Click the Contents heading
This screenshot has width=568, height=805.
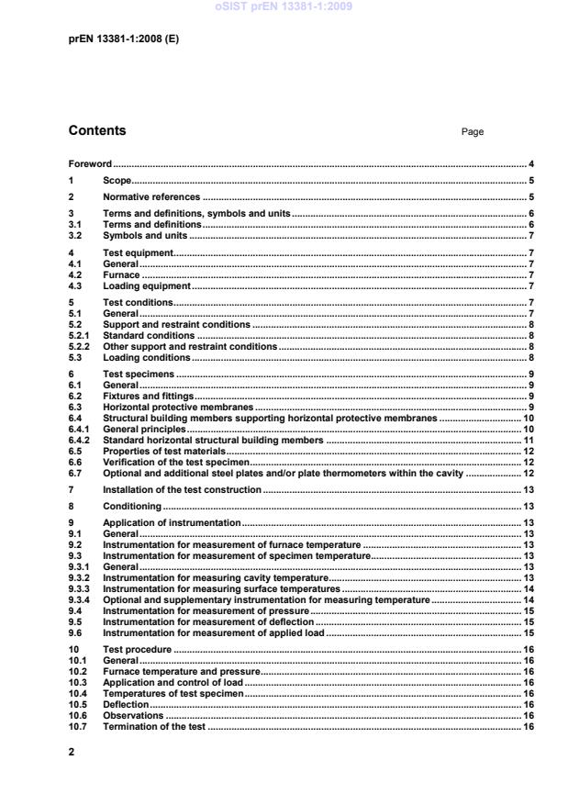click(97, 131)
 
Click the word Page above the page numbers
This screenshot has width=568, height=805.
click(472, 132)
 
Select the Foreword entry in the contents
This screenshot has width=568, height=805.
click(90, 163)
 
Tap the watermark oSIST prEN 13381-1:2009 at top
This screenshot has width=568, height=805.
click(284, 7)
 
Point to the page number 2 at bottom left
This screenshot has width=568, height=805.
click(72, 751)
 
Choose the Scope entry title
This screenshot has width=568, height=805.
click(117, 181)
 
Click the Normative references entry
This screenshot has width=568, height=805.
click(150, 197)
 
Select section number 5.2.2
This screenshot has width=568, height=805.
click(80, 347)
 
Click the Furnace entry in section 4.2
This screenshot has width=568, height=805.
click(121, 274)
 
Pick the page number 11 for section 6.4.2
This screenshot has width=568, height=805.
click(529, 441)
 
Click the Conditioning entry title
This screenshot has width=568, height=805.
click(131, 506)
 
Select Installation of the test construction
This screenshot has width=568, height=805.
click(183, 490)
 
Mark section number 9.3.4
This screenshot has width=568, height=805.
click(80, 599)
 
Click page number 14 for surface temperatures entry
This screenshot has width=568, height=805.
click(529, 588)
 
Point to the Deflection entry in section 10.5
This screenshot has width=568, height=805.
click(125, 705)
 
